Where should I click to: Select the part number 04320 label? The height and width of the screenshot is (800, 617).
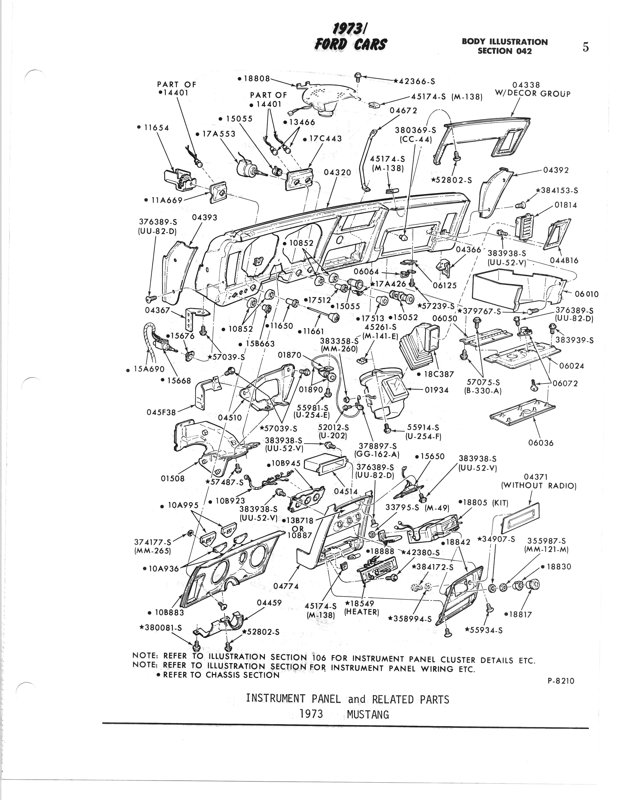pyautogui.click(x=337, y=172)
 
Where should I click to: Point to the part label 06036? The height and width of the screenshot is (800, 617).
pyautogui.click(x=541, y=443)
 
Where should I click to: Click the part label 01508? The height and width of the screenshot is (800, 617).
pyautogui.click(x=172, y=478)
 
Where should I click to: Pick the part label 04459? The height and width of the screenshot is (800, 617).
pyautogui.click(x=269, y=602)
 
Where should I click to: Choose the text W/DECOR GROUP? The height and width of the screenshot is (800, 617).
pyautogui.click(x=532, y=93)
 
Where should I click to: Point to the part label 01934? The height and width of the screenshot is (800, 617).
pyautogui.click(x=437, y=390)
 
